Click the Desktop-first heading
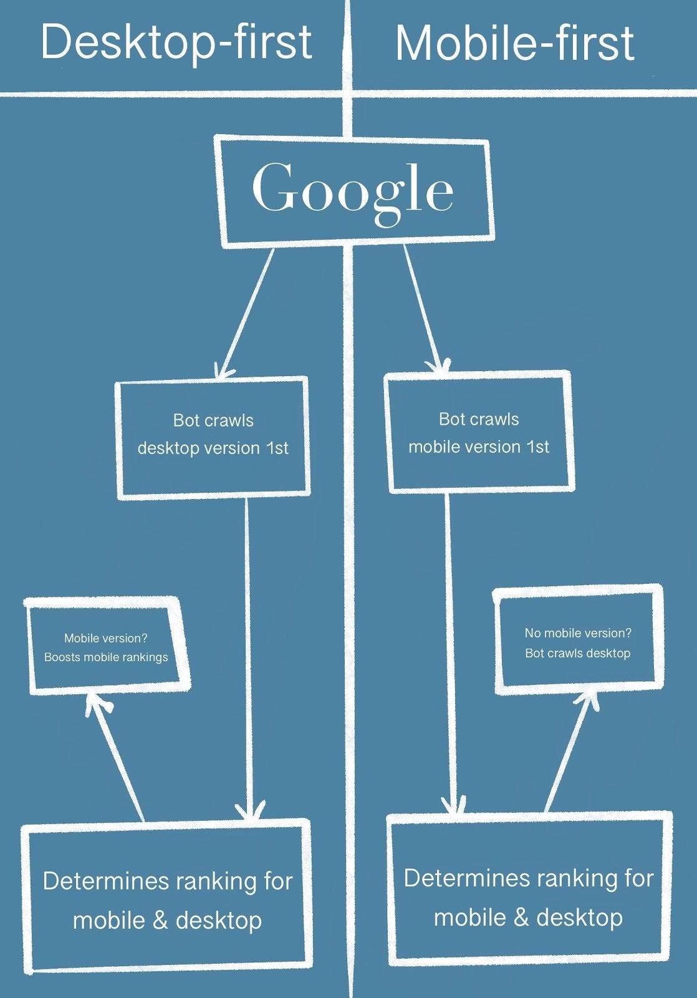click(x=176, y=42)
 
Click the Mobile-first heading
click(x=514, y=44)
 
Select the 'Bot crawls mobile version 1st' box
click(x=478, y=433)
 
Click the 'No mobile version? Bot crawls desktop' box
click(x=577, y=643)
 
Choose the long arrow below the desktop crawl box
click(x=248, y=655)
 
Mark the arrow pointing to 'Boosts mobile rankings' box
click(x=117, y=758)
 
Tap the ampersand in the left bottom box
click(x=160, y=921)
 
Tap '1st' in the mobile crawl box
click(x=537, y=447)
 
